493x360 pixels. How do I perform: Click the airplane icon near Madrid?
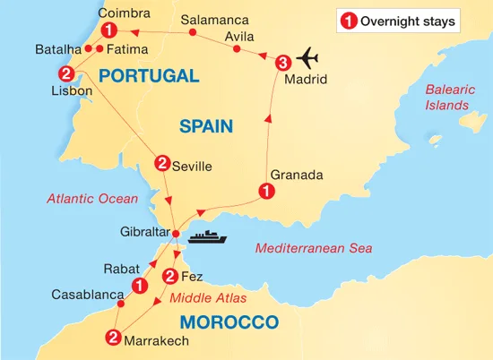(307, 56)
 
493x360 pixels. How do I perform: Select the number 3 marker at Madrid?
(283, 63)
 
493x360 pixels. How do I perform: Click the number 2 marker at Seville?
(162, 163)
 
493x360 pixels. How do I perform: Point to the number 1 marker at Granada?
(265, 190)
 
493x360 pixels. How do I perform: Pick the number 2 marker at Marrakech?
(113, 338)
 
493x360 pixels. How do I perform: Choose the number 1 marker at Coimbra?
(108, 32)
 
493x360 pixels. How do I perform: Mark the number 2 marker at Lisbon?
(65, 73)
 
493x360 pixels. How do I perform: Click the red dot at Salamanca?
(193, 34)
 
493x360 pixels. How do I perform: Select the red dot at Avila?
(237, 49)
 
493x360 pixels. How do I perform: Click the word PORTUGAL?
(149, 76)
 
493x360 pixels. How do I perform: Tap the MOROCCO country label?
(229, 321)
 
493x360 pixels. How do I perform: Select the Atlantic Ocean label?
(95, 199)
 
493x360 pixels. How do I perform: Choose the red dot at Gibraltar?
(176, 235)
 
